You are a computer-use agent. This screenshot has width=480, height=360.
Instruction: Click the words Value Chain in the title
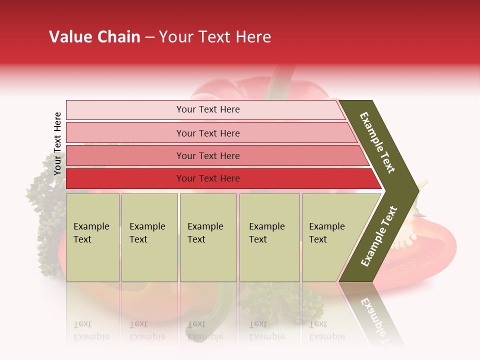tap(94, 37)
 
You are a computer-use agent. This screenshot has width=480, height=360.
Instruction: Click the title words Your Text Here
tap(215, 37)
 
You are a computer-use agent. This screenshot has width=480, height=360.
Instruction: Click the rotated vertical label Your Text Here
tap(57, 143)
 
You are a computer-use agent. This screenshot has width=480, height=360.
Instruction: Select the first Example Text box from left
tap(92, 237)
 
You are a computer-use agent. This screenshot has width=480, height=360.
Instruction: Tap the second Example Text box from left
tap(149, 237)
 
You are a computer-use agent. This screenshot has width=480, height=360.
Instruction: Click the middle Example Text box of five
tap(208, 237)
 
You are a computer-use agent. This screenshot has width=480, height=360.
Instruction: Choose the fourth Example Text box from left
tap(269, 237)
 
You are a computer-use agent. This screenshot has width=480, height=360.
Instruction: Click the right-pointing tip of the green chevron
tap(415, 190)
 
